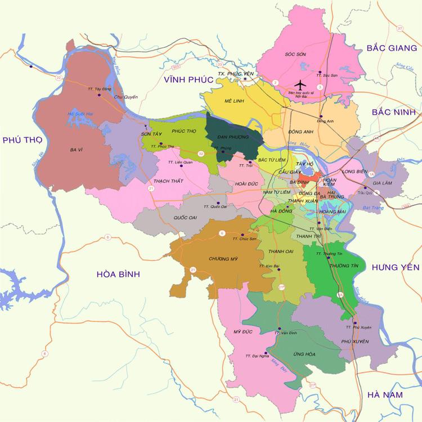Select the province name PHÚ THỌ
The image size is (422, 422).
pyautogui.click(x=22, y=140)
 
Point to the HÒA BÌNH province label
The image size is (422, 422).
pyautogui.click(x=118, y=274)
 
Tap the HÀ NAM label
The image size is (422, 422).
pyautogui.click(x=384, y=395)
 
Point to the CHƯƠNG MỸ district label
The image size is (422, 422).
pyautogui.click(x=221, y=259)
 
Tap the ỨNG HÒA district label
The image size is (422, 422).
pyautogui.click(x=298, y=354)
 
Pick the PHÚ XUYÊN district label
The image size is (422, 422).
pyautogui.click(x=354, y=341)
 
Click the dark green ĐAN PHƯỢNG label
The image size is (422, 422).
pyautogui.click(x=231, y=136)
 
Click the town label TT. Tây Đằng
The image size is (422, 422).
pyautogui.click(x=100, y=89)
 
